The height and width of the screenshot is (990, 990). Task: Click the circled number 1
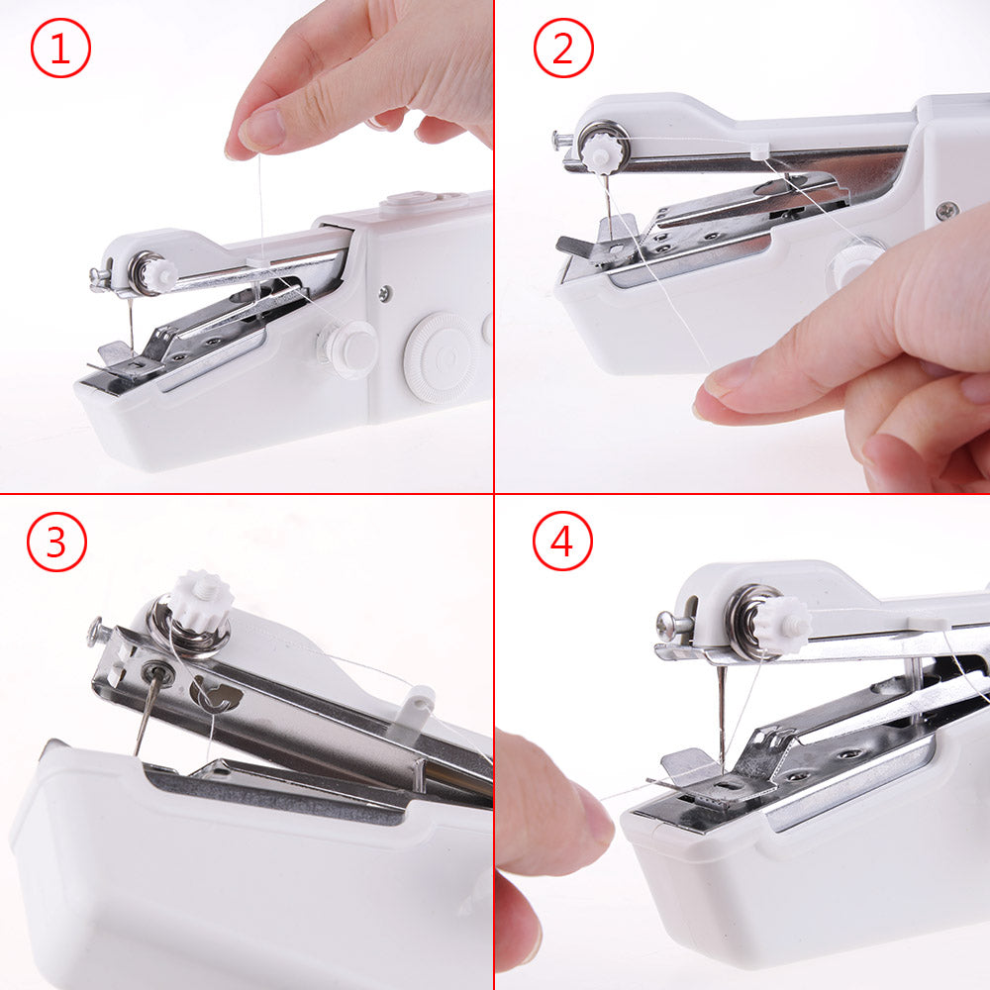click(60, 49)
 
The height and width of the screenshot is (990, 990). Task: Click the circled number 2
click(563, 49)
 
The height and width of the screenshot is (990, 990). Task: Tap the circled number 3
click(56, 542)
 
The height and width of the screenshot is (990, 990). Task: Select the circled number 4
click(562, 542)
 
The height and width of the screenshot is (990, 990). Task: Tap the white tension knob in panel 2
click(601, 151)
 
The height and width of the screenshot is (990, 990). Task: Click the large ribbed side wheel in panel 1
click(443, 356)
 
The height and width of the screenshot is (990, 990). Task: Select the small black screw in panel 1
click(383, 294)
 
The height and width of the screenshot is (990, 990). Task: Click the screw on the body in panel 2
click(947, 210)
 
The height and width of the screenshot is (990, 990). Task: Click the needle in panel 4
click(722, 713)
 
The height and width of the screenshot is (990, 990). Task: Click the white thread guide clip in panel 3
click(417, 708)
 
